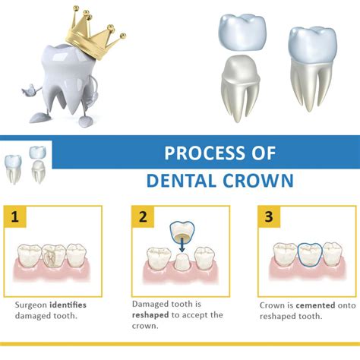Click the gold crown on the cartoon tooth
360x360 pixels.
pos(94,38)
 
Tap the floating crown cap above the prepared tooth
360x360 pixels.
pos(242,33)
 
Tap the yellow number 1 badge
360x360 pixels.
pos(15,216)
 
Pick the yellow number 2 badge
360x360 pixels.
pos(143,216)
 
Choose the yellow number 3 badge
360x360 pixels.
pos(269,216)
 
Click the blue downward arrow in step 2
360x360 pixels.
pos(182,245)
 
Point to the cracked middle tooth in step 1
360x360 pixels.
pos(53,256)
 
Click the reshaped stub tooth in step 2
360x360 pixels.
pos(182,261)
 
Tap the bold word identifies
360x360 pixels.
pos(68,305)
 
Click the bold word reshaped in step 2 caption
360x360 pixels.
pos(150,315)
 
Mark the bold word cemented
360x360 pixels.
pos(315,305)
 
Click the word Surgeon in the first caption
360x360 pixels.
pos(31,305)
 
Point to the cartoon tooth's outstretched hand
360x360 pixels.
pos(29,90)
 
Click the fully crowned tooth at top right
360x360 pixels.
pos(312,68)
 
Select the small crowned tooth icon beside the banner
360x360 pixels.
pos(13,169)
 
